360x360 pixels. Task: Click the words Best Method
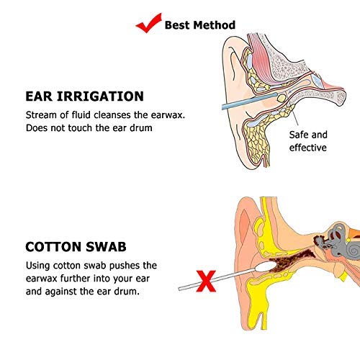click(199, 25)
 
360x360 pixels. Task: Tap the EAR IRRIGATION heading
click(84, 96)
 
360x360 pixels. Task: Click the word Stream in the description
click(42, 114)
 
